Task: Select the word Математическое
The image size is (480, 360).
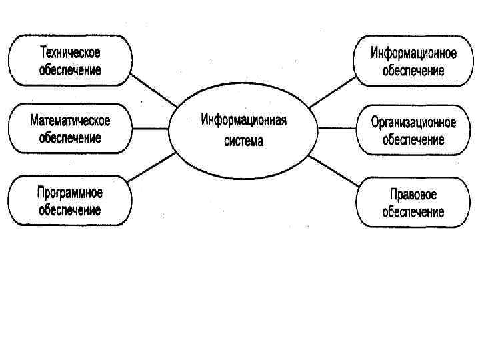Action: pos(70,121)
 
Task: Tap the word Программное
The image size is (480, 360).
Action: pos(70,193)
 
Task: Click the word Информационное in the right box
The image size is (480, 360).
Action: pos(413,54)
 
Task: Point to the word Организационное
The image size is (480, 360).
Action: pos(413,123)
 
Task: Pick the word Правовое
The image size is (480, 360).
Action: pos(413,195)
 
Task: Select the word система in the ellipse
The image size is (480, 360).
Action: pos(244,141)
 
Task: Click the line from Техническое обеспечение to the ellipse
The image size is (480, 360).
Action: pos(155,89)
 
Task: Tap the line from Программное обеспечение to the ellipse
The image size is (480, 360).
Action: pos(153,167)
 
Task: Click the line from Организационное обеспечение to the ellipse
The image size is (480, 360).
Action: pos(336,129)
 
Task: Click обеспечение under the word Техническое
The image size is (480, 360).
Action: pos(70,69)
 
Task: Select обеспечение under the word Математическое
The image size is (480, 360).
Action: pos(70,139)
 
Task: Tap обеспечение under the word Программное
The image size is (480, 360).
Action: pos(70,210)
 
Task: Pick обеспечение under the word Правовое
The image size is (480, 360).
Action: pos(413,212)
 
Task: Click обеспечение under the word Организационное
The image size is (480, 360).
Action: pos(413,141)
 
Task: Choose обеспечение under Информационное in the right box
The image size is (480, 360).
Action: pos(413,71)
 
